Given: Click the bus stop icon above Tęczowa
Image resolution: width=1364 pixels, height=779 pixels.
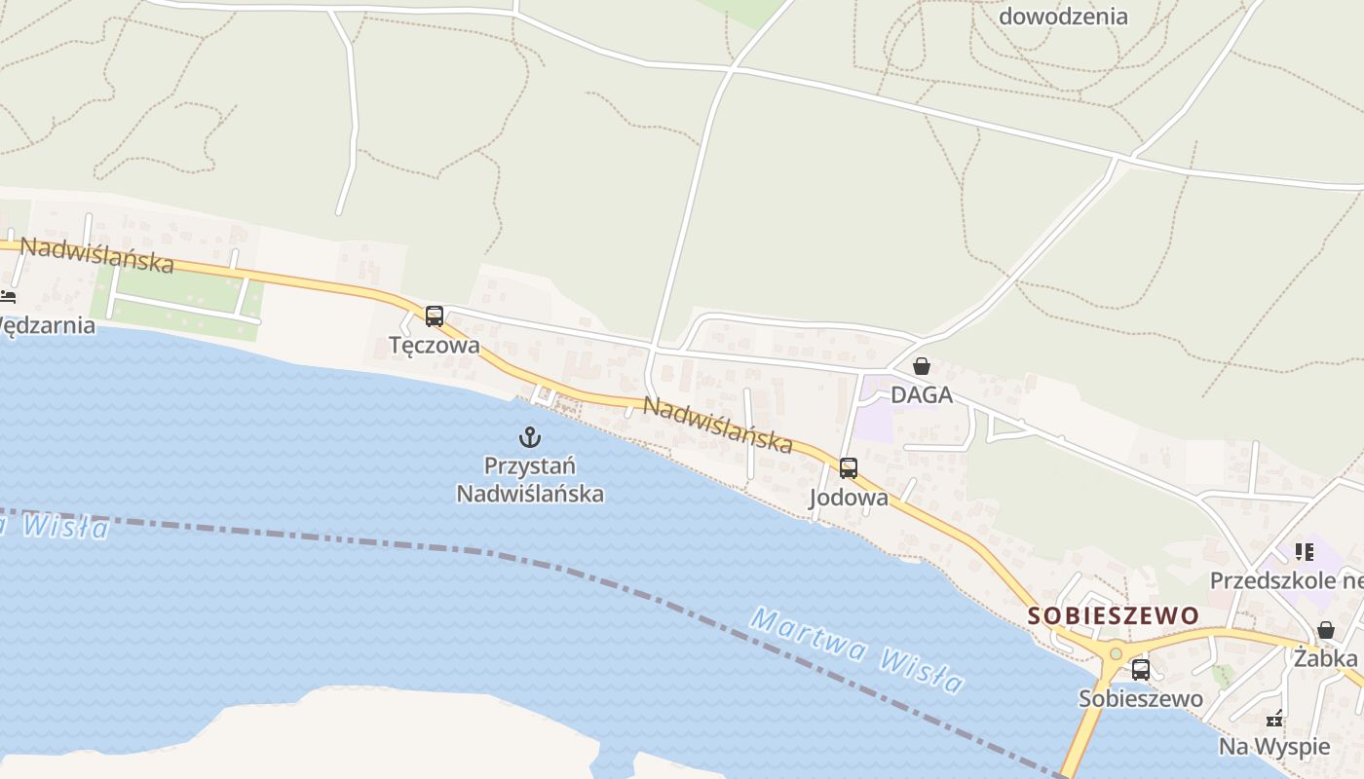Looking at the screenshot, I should (x=435, y=316).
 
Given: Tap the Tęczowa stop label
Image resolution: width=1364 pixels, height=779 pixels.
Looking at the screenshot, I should (x=435, y=345).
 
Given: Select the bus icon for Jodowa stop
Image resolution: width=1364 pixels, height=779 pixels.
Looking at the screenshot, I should (x=849, y=468).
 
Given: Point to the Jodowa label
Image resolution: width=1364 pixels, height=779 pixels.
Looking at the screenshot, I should (x=849, y=498).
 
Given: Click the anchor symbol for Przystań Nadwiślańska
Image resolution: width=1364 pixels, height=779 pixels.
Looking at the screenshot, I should (x=530, y=436).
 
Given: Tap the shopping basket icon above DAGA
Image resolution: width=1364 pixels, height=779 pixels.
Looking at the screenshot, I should (x=922, y=367).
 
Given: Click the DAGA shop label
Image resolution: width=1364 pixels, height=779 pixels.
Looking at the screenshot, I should (x=922, y=396).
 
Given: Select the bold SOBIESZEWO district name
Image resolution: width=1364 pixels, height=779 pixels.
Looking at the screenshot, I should (x=1113, y=615).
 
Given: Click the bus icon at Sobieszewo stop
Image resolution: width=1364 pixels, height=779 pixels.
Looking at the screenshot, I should (x=1141, y=670).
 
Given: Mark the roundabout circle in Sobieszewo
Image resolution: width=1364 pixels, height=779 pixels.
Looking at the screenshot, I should (x=1116, y=653).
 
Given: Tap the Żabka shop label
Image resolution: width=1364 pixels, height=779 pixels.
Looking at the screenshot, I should (x=1325, y=658).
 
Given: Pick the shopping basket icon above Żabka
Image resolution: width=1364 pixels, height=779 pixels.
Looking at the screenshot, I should (x=1326, y=630).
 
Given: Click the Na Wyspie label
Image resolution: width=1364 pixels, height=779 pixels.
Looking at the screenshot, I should (x=1274, y=747).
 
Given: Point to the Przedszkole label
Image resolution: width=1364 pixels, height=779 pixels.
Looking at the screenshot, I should (x=1285, y=580).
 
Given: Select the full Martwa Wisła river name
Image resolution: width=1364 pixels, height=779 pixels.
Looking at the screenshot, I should (x=857, y=649).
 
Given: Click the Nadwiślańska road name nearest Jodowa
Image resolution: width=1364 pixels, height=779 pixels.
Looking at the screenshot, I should (x=718, y=425).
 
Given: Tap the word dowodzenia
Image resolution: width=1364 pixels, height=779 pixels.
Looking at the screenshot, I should (x=1063, y=16).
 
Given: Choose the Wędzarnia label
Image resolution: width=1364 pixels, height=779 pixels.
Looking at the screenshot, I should (x=47, y=324).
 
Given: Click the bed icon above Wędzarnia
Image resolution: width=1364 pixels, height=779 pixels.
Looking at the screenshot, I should (x=8, y=296).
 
